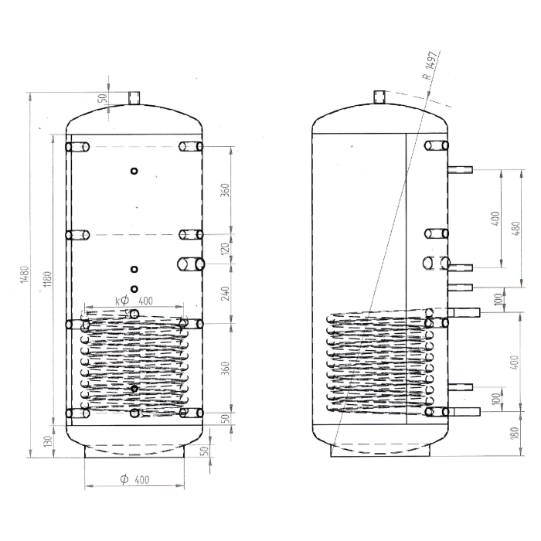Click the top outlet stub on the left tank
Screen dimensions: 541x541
coord(134,97)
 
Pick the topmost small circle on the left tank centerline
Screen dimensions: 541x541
coord(134,172)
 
